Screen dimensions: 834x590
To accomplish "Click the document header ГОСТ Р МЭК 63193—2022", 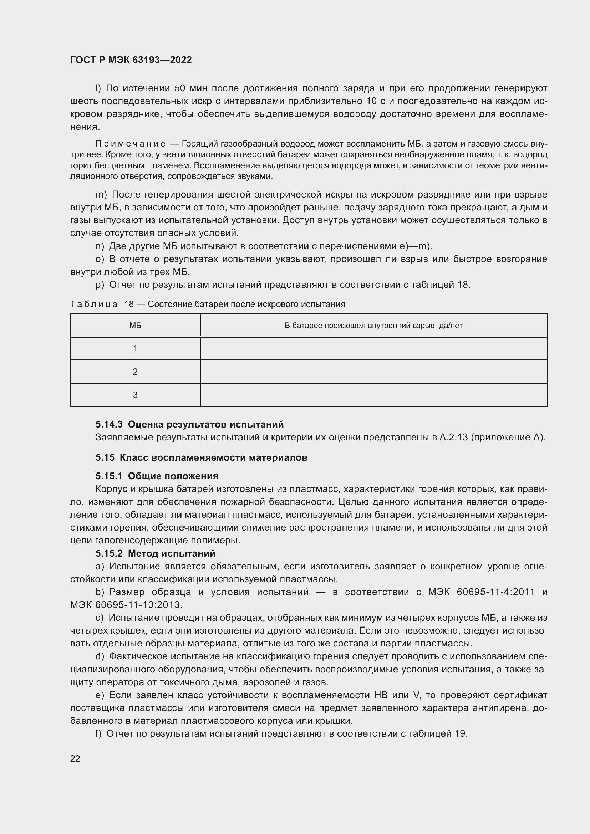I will click(131, 60).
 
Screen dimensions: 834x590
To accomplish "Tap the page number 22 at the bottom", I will click(75, 758).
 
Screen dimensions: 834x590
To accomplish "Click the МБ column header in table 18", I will click(135, 326).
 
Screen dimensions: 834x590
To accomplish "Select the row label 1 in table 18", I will click(135, 348).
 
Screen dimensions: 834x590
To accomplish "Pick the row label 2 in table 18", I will click(135, 372).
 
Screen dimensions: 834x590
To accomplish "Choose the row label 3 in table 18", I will click(135, 395).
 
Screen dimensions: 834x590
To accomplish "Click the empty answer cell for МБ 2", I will click(373, 372).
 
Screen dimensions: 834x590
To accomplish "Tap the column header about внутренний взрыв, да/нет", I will click(373, 326).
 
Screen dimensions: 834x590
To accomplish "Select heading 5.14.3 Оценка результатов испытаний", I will click(190, 424).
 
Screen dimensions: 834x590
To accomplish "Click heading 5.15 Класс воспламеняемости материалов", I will click(202, 457).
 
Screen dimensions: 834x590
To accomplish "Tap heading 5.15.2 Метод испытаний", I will click(156, 553).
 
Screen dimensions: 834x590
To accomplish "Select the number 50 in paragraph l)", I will click(180, 89).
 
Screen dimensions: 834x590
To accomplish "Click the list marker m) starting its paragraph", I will click(101, 195).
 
